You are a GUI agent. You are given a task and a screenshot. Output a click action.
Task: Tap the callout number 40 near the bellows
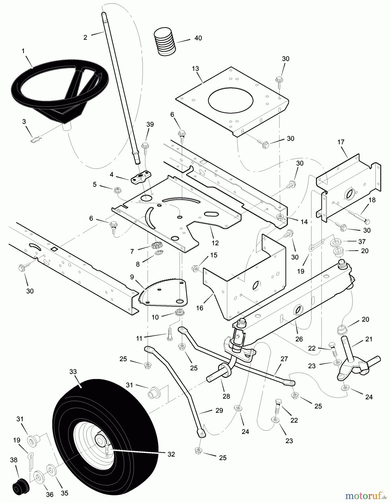click(198, 38)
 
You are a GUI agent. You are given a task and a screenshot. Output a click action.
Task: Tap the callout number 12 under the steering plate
click(215, 243)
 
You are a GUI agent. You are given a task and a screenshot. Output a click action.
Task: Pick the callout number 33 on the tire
click(73, 372)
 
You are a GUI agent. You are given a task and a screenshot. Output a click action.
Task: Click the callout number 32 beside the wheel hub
click(171, 454)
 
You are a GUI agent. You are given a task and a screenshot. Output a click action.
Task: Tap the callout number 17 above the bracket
click(341, 142)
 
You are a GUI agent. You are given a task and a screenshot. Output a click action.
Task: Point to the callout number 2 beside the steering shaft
click(85, 37)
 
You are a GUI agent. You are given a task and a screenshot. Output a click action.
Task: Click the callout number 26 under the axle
click(299, 339)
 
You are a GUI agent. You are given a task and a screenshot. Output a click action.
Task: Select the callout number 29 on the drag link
click(219, 410)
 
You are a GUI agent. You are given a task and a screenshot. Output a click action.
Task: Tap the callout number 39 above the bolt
click(150, 124)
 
